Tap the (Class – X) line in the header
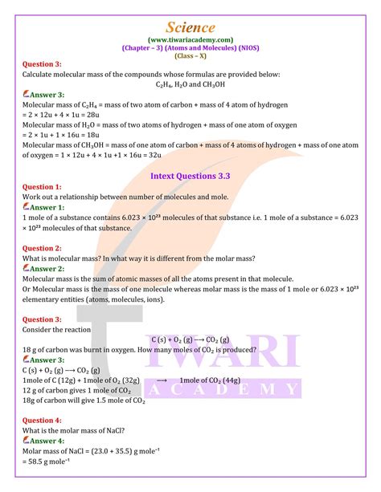pyautogui.click(x=190, y=55)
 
